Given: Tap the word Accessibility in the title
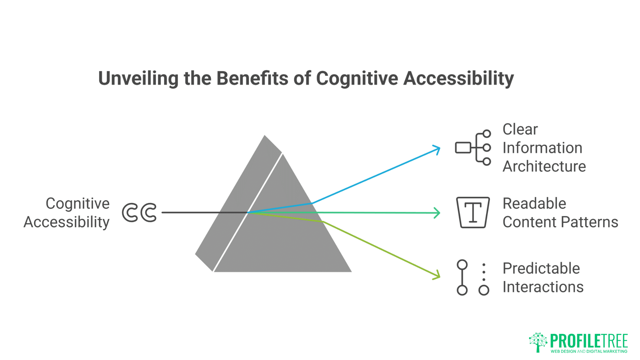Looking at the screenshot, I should pyautogui.click(x=458, y=79).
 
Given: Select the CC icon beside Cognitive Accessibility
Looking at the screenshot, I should pyautogui.click(x=139, y=213).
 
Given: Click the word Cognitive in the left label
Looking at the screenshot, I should pyautogui.click(x=77, y=204).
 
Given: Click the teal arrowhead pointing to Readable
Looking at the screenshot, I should pyautogui.click(x=437, y=213).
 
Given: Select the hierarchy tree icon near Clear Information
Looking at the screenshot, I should pyautogui.click(x=473, y=148).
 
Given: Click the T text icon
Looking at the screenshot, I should pyautogui.click(x=473, y=213).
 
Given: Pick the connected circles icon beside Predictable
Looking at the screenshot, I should pyautogui.click(x=473, y=277).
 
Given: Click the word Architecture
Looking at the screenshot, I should pyautogui.click(x=544, y=166).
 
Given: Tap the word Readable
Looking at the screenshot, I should pyautogui.click(x=534, y=204).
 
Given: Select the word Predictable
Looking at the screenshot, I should pyautogui.click(x=541, y=268).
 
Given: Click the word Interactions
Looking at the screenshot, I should pyautogui.click(x=543, y=287).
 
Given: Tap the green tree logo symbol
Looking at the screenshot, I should pyautogui.click(x=538, y=342).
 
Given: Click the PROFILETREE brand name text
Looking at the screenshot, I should pyautogui.click(x=589, y=341).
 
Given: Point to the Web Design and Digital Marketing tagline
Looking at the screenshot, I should pyautogui.click(x=589, y=351).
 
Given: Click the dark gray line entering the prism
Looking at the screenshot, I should pyautogui.click(x=200, y=212).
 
